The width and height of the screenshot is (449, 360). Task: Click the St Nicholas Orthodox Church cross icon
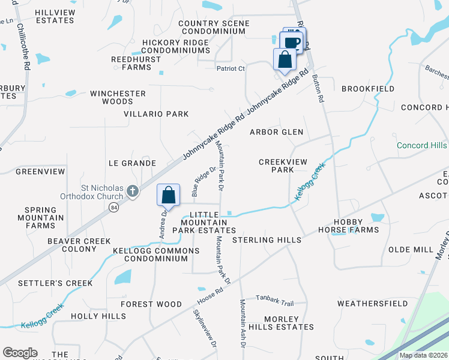click(133, 191)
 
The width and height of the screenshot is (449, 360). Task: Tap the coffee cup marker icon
click(292, 43)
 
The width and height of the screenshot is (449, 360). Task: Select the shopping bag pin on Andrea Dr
click(169, 195)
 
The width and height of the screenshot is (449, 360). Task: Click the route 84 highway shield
click(113, 207)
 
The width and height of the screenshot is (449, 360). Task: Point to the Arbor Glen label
click(276, 132)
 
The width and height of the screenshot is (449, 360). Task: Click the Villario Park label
click(156, 114)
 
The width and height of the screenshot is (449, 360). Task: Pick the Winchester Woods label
click(118, 98)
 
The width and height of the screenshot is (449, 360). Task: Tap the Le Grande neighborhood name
click(132, 163)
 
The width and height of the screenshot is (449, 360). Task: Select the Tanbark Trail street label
click(275, 303)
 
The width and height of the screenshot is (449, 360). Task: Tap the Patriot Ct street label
click(231, 68)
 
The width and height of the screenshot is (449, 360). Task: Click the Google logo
click(20, 353)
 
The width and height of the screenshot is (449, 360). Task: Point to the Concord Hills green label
click(421, 146)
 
